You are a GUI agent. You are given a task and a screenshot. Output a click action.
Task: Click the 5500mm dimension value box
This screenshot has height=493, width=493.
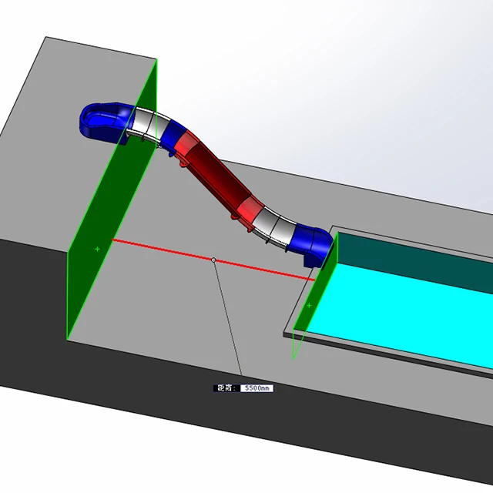pos(257,388)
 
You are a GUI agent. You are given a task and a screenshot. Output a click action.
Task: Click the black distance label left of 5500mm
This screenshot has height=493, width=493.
pos(226,388)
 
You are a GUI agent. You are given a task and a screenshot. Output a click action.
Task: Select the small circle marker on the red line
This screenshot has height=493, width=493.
pos(213,260)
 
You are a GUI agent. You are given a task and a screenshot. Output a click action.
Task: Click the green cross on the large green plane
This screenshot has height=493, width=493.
pos(97,249)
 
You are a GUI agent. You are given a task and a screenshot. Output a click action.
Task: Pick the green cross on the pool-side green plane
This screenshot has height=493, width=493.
pos(309,306)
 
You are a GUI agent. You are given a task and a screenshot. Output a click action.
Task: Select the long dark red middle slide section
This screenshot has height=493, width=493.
pos(212,173)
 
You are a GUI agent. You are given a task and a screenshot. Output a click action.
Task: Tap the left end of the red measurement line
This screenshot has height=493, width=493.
pos(114,240)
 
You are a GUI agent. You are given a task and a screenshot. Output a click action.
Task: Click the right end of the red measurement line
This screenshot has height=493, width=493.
pos(315,280)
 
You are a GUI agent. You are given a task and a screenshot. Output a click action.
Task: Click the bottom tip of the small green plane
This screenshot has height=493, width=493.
pos(293,357)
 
